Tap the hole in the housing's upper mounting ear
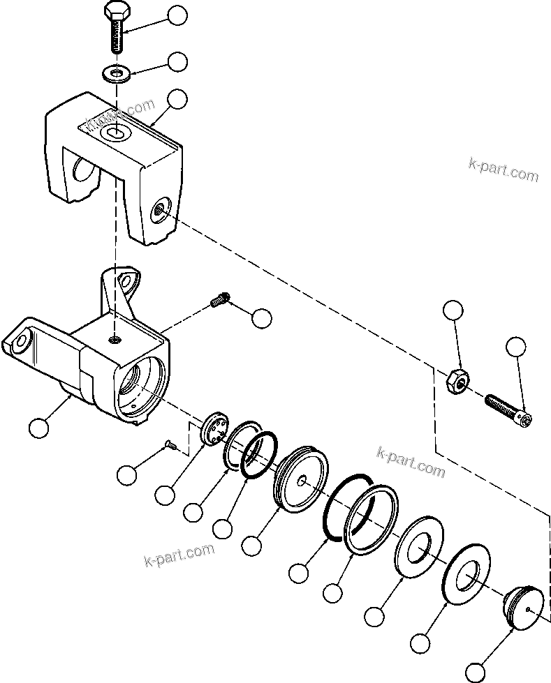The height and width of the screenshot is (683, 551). (x=127, y=280)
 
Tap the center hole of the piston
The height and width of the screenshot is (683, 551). (x=301, y=481)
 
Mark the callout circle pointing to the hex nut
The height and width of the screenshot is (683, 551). (x=453, y=311)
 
